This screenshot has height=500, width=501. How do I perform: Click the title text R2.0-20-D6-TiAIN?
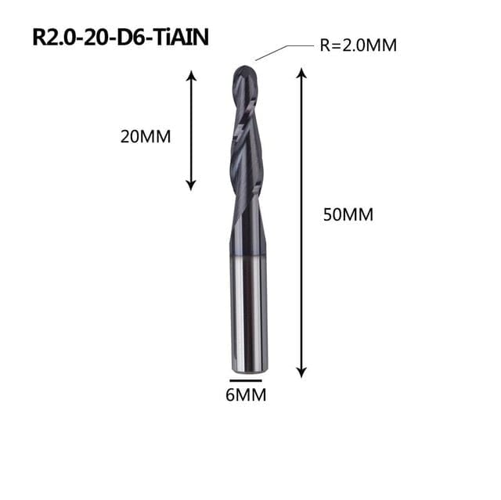(121, 38)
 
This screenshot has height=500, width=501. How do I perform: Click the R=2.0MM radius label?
(359, 45)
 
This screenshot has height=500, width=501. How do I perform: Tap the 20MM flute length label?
(146, 137)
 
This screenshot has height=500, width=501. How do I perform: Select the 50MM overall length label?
(348, 214)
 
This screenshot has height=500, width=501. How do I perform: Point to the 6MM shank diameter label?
(246, 395)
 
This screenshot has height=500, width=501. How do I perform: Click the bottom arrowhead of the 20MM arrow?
(191, 185)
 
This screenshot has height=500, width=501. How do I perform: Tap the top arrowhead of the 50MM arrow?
(301, 73)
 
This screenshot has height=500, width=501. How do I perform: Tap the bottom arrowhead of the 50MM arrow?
(301, 372)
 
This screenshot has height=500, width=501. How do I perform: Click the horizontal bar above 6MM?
(246, 380)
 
